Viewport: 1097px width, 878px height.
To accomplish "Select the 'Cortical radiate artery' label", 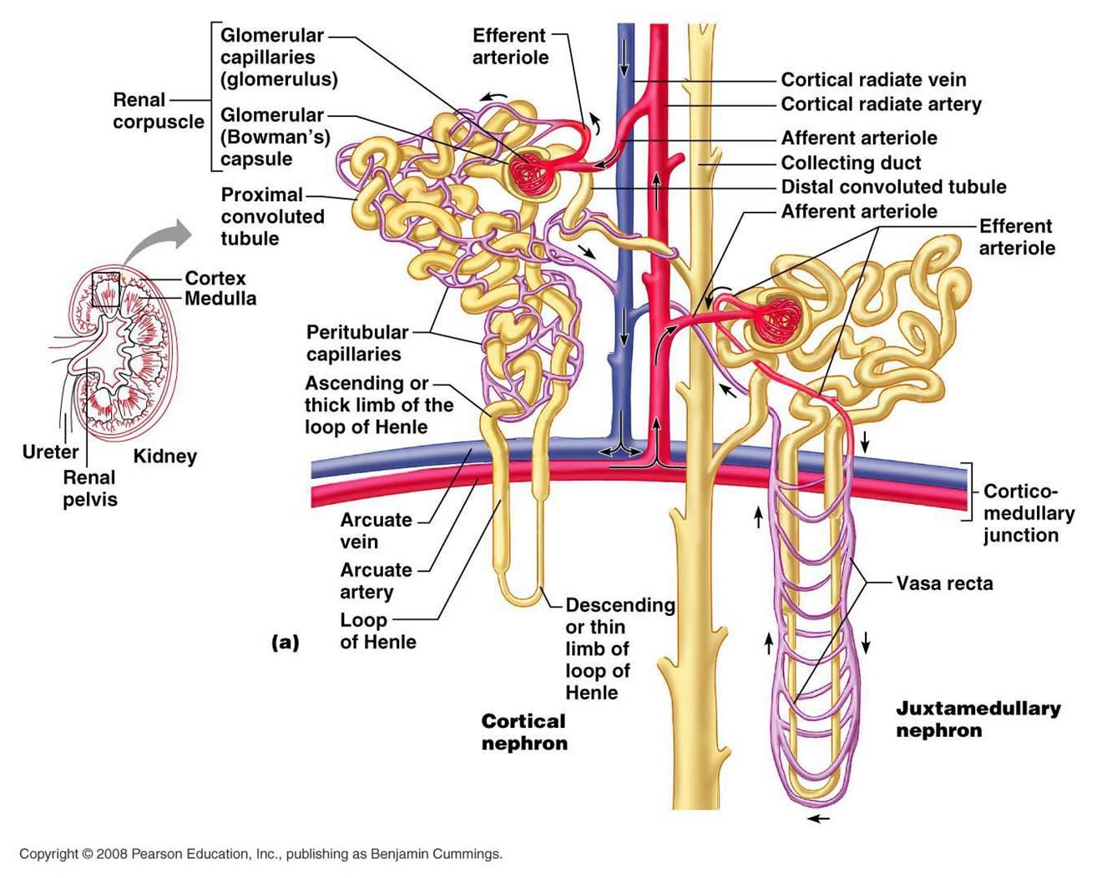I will click(881, 104).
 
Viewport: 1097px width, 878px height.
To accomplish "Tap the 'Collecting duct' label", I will click(851, 163).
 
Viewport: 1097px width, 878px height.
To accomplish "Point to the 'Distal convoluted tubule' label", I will click(893, 186).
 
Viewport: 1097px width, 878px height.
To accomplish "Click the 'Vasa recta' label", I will click(944, 583).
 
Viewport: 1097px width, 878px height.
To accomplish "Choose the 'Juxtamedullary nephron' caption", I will click(978, 719).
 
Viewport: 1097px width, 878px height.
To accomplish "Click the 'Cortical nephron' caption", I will click(524, 732).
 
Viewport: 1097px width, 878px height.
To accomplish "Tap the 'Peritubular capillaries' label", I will click(356, 343).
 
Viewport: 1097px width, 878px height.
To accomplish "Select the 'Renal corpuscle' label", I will click(158, 111).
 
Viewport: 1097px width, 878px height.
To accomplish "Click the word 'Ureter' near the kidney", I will click(50, 452).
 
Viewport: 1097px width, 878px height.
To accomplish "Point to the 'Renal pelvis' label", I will click(89, 488).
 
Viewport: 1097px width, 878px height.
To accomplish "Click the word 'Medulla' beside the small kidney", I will click(220, 298).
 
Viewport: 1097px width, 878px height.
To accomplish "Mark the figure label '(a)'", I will click(285, 643).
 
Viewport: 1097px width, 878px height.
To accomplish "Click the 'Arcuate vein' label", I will click(376, 531).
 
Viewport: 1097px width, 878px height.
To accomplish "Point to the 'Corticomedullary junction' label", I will click(1028, 513).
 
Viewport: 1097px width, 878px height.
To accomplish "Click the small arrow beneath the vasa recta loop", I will click(819, 819).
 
